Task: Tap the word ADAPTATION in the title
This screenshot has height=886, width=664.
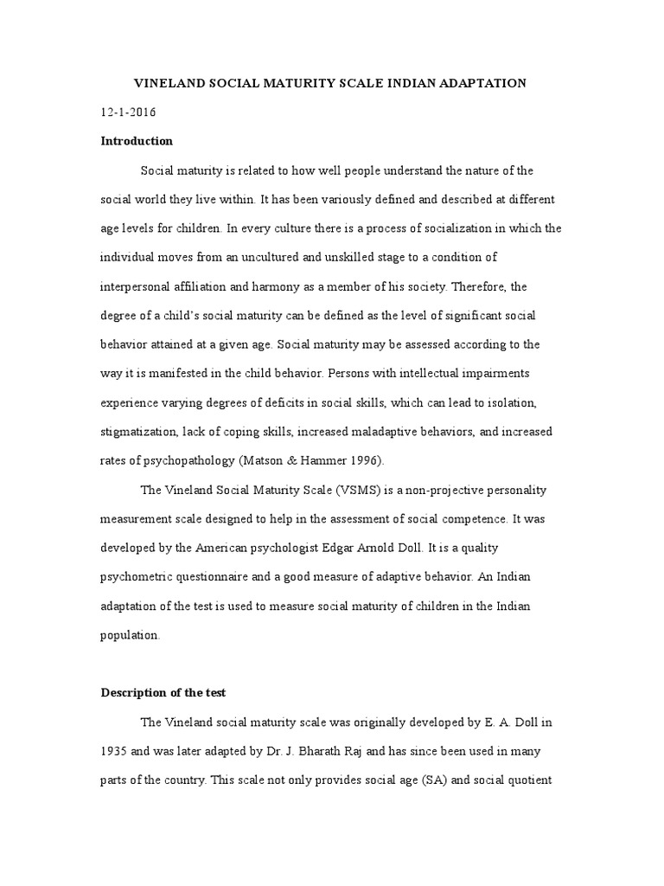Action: tap(482, 83)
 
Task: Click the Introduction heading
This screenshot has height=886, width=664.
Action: tap(137, 141)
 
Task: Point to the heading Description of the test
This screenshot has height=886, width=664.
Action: tap(163, 693)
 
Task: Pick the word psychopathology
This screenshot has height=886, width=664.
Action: tap(182, 460)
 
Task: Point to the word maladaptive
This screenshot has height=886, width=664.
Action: tap(400, 431)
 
